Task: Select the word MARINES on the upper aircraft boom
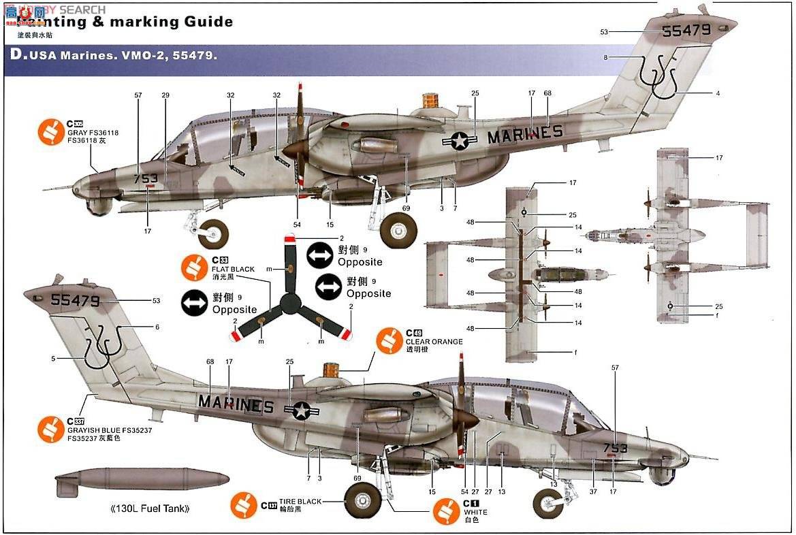point(525,134)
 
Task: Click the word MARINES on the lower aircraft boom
point(236,404)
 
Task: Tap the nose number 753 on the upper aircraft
point(146,179)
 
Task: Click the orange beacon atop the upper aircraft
point(430,101)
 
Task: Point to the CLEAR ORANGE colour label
point(434,342)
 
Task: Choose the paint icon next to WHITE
point(446,511)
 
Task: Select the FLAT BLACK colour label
point(233,269)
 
